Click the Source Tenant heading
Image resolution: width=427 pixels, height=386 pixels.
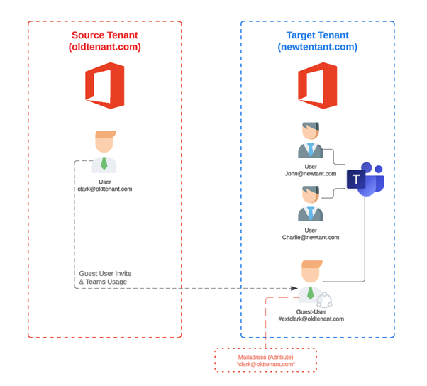[x=105, y=35]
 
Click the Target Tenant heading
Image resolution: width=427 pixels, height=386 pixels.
[x=317, y=35]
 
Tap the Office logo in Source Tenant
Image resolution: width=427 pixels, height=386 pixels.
[x=104, y=85]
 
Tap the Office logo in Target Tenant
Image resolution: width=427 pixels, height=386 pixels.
[x=317, y=85]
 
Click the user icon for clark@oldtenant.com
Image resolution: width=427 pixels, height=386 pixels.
[x=104, y=152]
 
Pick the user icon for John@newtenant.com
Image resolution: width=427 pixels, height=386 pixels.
[x=310, y=140]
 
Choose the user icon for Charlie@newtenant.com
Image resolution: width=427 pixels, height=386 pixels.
[x=310, y=204]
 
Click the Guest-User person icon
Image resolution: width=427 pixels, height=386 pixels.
[x=310, y=282]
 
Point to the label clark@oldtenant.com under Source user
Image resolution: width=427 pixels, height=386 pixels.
[x=105, y=189]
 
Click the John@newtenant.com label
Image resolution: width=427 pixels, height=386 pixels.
[x=311, y=173]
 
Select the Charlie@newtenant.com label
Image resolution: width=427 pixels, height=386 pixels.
[x=311, y=238]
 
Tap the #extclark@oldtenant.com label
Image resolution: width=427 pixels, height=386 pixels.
[x=311, y=319]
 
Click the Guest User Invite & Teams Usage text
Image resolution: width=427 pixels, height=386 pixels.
[x=105, y=277]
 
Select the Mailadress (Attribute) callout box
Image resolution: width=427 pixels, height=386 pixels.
[x=265, y=360]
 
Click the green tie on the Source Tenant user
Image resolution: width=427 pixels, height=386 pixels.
[x=104, y=163]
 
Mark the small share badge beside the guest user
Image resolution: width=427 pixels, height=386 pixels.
[x=324, y=299]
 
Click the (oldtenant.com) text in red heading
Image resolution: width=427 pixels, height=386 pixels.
[x=105, y=47]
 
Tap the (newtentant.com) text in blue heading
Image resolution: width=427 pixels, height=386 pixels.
[x=317, y=47]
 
